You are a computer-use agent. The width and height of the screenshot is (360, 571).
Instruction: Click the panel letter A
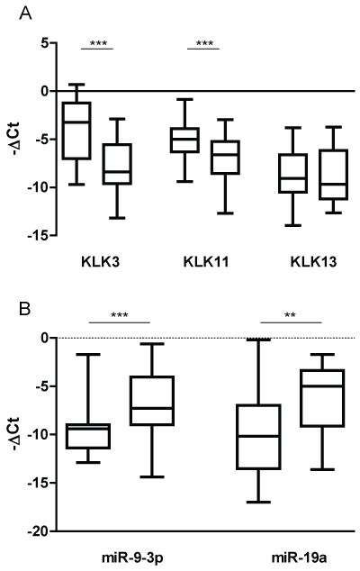[25, 14]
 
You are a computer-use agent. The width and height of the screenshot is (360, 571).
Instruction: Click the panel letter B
[25, 309]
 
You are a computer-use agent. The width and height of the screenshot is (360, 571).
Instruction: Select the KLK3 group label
[101, 262]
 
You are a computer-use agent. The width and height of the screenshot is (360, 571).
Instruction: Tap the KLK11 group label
[206, 262]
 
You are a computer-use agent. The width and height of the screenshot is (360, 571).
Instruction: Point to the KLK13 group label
[313, 262]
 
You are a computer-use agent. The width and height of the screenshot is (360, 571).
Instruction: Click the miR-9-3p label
[131, 557]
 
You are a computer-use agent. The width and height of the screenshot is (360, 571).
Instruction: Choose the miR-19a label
[299, 557]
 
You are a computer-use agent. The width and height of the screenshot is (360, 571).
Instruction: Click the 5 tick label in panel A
[44, 43]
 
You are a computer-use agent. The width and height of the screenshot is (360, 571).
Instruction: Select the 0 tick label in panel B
[44, 338]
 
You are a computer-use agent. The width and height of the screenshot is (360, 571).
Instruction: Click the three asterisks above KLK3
[98, 44]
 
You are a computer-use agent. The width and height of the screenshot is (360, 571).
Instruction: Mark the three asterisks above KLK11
[204, 44]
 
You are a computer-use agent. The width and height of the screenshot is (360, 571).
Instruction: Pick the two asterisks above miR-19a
[290, 315]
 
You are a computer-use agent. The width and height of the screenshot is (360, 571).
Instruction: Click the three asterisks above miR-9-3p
[120, 315]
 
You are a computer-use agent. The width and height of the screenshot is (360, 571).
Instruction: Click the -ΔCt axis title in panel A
[17, 140]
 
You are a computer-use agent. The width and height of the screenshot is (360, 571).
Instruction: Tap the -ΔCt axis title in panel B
[17, 434]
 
